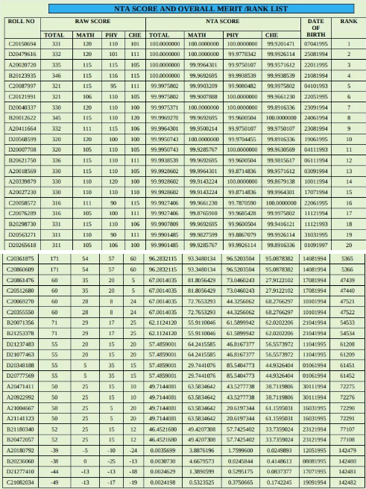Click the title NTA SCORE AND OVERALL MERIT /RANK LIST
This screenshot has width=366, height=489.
tap(183, 8)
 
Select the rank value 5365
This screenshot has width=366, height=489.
tap(347, 258)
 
